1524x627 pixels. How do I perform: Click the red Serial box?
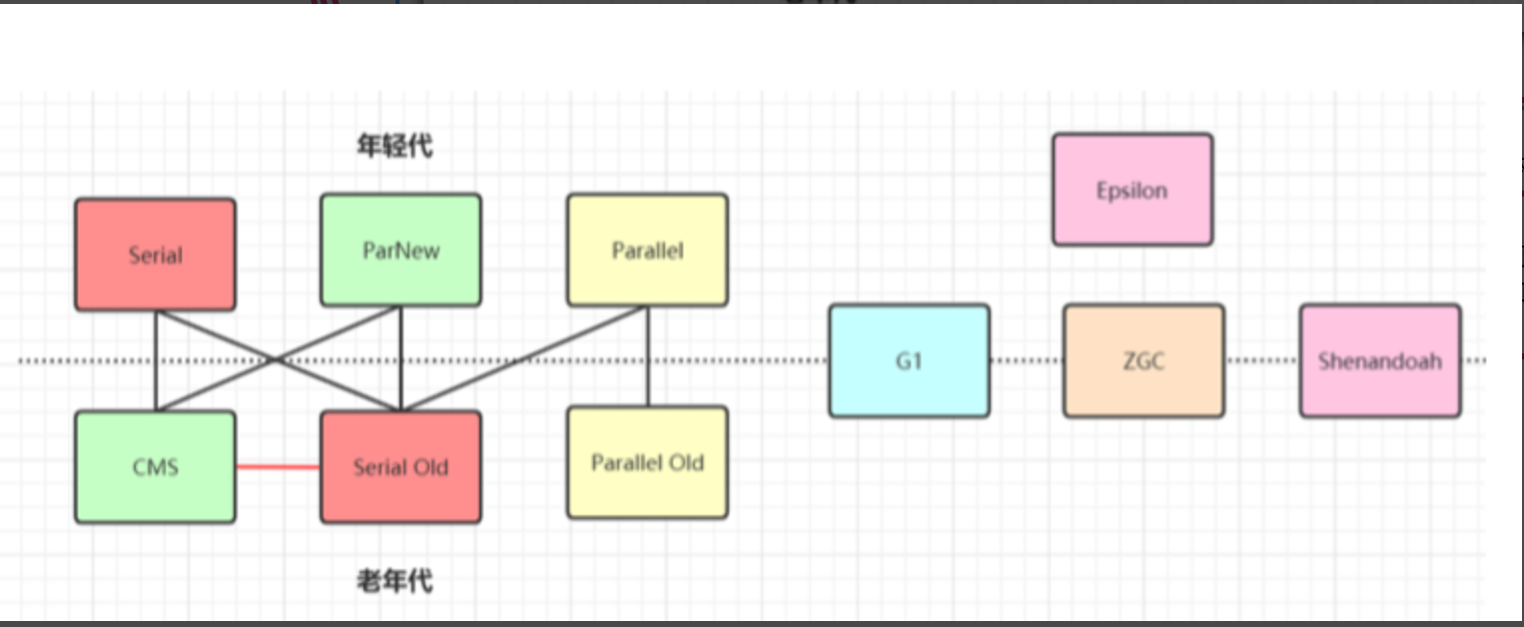pyautogui.click(x=156, y=254)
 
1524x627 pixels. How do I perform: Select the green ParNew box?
pyautogui.click(x=400, y=250)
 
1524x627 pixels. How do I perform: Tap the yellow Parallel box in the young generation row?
pyautogui.click(x=647, y=250)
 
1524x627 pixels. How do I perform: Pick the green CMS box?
pyautogui.click(x=156, y=466)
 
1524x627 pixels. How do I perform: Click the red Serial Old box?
pyautogui.click(x=400, y=466)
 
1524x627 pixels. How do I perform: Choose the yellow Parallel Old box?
pyautogui.click(x=647, y=462)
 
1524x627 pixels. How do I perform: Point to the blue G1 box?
pyautogui.click(x=909, y=360)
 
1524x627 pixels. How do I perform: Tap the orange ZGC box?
pyautogui.click(x=1143, y=360)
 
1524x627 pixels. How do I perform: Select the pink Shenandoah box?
pyautogui.click(x=1379, y=360)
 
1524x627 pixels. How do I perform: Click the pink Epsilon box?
pyautogui.click(x=1133, y=190)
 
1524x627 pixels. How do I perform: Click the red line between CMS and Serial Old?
pyautogui.click(x=278, y=466)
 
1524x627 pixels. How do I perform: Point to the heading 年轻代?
pyautogui.click(x=394, y=147)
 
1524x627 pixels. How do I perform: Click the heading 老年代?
pyautogui.click(x=394, y=580)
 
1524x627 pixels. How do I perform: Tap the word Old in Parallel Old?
pyautogui.click(x=687, y=462)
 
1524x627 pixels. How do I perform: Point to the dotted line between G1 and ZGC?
pyautogui.click(x=1027, y=360)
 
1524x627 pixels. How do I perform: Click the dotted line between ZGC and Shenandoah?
pyautogui.click(x=1261, y=360)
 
